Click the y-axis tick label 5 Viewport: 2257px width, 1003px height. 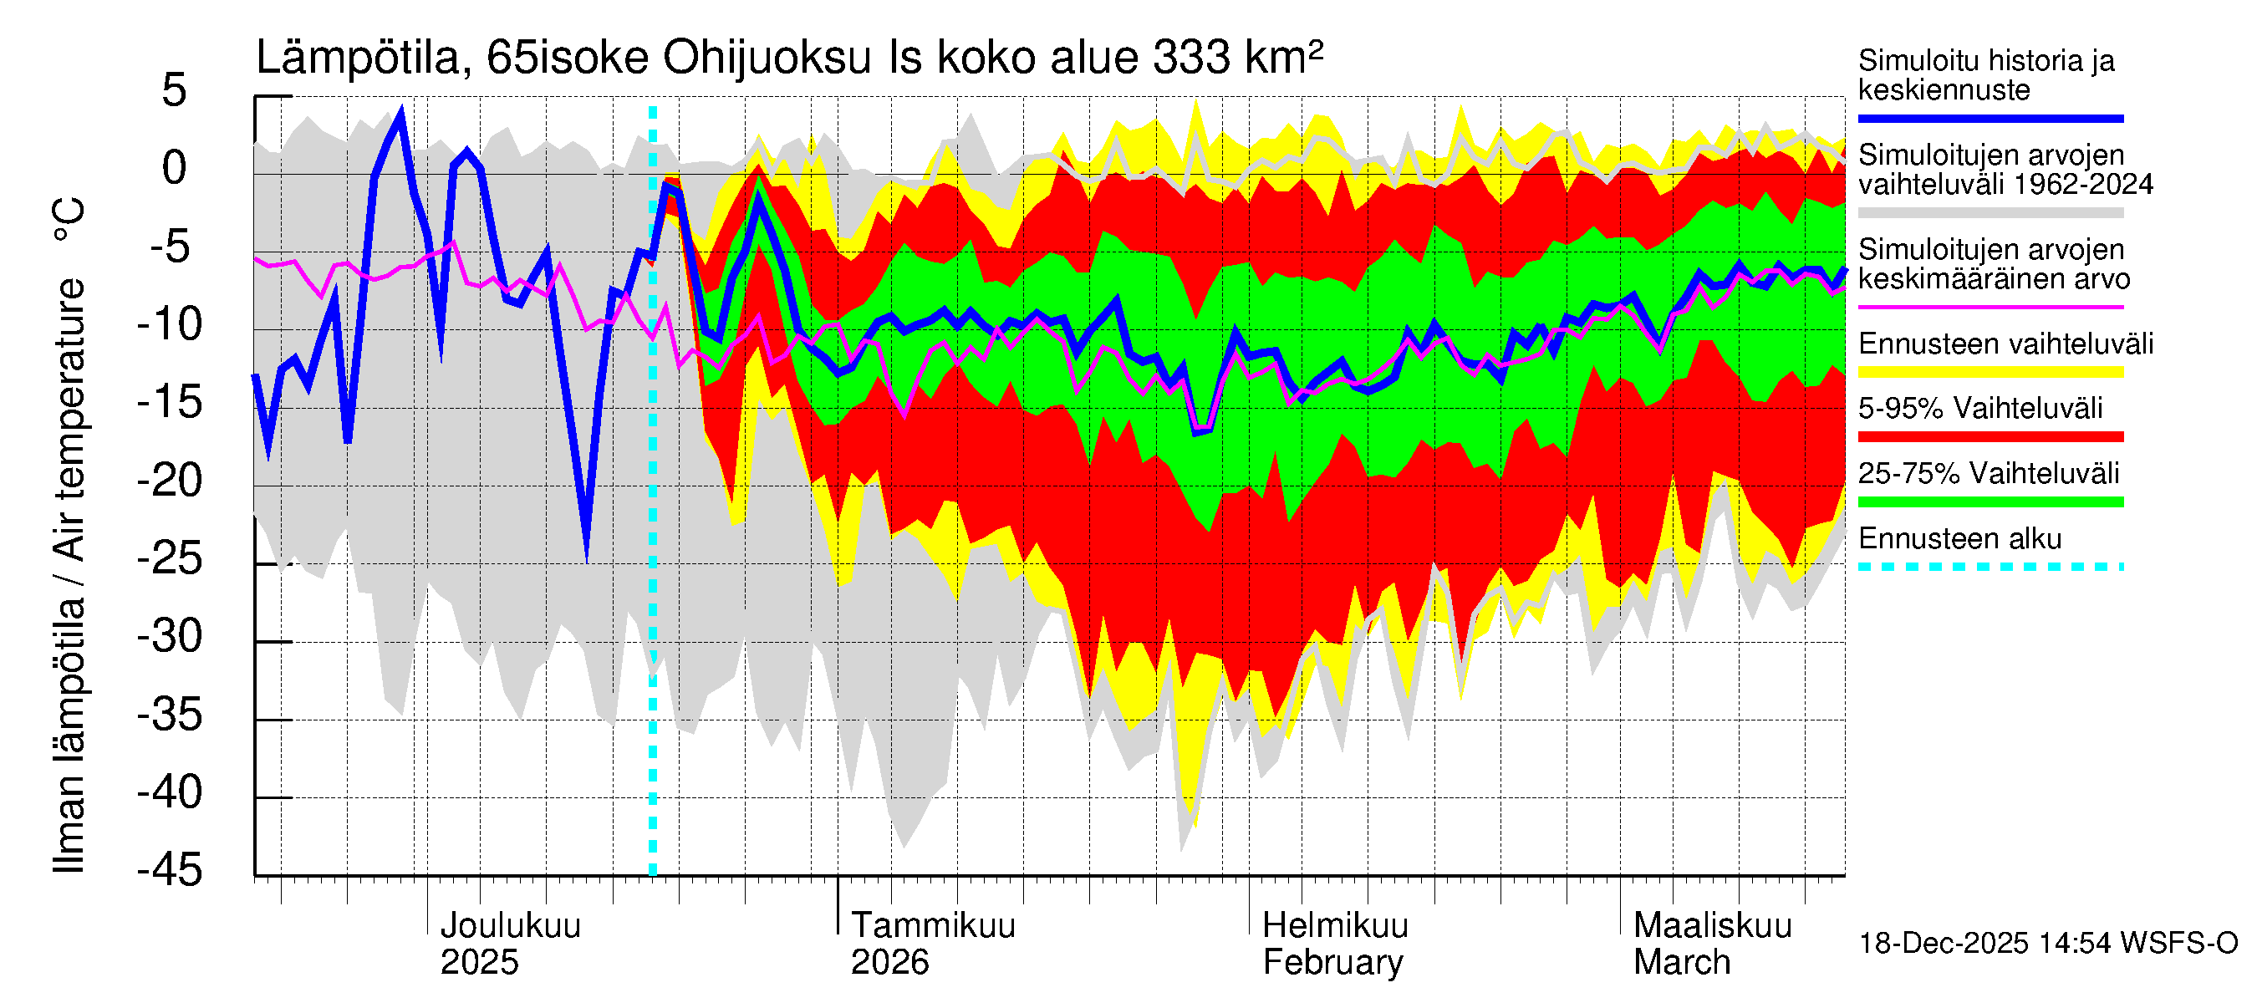(x=175, y=91)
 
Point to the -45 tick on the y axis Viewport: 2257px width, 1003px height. (x=170, y=870)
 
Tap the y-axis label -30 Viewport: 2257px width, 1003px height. (x=170, y=636)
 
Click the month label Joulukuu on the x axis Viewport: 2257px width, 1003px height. (x=510, y=926)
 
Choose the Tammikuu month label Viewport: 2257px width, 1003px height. (x=932, y=926)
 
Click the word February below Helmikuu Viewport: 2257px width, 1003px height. (x=1332, y=963)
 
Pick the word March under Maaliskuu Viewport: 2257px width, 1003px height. (x=1681, y=963)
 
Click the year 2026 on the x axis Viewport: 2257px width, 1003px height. (x=889, y=963)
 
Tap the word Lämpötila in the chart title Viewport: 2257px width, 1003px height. (x=359, y=59)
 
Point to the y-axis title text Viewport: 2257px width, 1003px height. (x=69, y=534)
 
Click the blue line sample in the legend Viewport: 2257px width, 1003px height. (x=1990, y=118)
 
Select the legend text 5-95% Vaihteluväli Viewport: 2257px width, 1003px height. (x=1980, y=408)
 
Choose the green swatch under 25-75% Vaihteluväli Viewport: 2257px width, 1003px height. (x=1990, y=502)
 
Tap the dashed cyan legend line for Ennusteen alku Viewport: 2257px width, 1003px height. (x=1990, y=567)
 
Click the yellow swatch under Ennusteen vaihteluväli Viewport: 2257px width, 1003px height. (x=1990, y=372)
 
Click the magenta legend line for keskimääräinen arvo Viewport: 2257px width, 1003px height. (x=1990, y=308)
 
